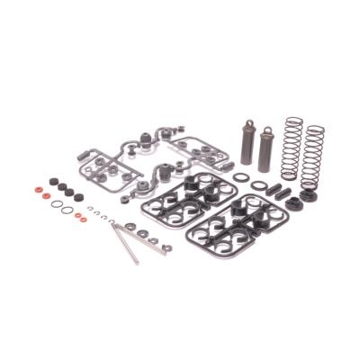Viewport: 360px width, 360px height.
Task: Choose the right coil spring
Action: click(312, 153)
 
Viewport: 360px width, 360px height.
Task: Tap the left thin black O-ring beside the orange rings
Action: click(56, 205)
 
